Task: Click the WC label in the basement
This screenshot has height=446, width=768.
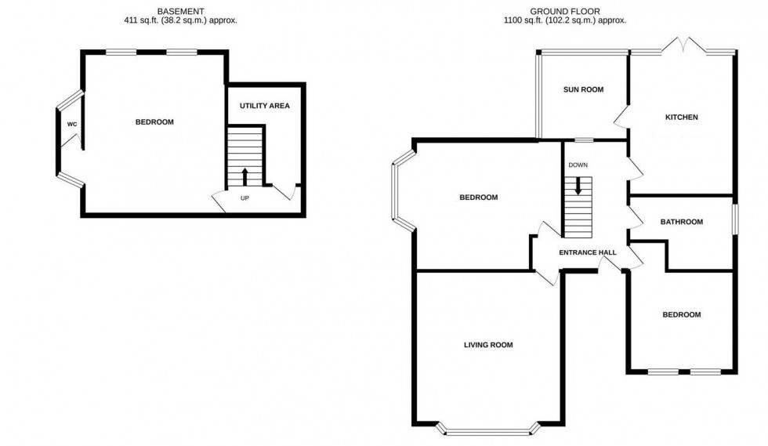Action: coord(71,125)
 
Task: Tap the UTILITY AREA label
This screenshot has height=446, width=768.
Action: coord(265,105)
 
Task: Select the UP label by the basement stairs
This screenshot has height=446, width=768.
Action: coord(245,198)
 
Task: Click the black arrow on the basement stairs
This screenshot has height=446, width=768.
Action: coord(245,175)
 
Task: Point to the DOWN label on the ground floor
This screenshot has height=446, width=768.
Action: coord(578,165)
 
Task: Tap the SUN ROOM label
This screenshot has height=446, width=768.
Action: coord(583,89)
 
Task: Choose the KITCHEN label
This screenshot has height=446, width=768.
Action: coord(681,118)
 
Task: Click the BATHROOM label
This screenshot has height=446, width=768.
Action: coord(681,222)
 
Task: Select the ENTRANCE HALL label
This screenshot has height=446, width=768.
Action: coord(587,252)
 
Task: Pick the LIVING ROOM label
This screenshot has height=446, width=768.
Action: coord(488,344)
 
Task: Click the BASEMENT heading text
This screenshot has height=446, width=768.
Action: coord(181,10)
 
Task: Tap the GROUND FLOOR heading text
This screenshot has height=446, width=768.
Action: coord(564,10)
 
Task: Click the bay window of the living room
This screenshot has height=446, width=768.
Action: coord(488,428)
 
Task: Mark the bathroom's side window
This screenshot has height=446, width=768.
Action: coord(734,218)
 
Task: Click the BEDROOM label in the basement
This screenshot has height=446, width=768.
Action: coord(154,122)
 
